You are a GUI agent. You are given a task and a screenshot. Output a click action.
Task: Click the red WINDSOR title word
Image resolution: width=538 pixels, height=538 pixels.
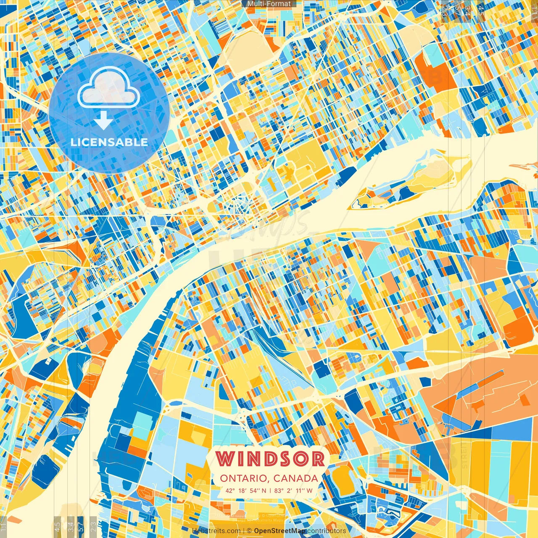[271, 459]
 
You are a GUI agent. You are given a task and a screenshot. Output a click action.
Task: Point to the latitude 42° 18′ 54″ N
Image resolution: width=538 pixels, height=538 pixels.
[246, 491]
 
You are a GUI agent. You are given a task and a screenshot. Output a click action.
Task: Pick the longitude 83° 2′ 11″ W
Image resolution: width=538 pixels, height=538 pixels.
[293, 491]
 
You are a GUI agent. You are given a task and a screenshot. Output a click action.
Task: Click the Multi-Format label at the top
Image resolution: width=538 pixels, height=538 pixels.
[269, 4]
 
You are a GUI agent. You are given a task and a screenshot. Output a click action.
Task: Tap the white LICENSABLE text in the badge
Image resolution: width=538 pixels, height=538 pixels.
[109, 142]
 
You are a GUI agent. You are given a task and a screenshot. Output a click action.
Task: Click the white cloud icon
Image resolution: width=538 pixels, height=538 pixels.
[109, 88]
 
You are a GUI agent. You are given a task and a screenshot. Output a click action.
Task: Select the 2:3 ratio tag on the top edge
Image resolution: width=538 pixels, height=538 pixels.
[445, 11]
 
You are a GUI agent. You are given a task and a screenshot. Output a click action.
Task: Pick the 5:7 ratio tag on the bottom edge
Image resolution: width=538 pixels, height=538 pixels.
[81, 525]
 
